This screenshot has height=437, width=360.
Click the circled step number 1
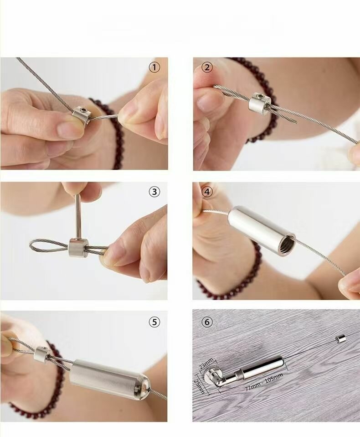coord(154,68)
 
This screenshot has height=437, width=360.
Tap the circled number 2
coord(207,68)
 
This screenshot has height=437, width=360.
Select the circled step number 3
coord(154,192)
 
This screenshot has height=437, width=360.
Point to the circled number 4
coord(207,192)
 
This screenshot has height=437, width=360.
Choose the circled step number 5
coord(154,322)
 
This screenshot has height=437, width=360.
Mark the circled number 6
coord(206,322)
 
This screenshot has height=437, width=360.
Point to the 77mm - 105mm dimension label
coord(264,383)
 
